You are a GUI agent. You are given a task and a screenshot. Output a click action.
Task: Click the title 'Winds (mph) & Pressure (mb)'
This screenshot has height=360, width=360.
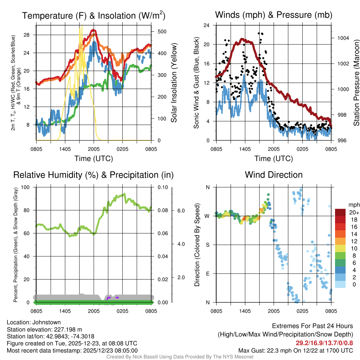(274, 15)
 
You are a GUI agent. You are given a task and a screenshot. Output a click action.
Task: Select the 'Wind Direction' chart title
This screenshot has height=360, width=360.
(274, 175)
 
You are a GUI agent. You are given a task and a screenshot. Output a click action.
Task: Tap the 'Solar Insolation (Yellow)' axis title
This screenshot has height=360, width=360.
(174, 83)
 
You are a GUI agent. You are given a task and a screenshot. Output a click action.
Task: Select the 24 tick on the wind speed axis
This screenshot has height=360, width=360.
(207, 25)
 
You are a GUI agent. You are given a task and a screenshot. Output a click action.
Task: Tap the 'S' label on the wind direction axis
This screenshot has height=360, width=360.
(207, 245)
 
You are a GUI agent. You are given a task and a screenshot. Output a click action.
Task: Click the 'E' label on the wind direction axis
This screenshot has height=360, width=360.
(207, 274)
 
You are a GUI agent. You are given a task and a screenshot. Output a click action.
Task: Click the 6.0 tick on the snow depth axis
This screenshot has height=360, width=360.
(181, 211)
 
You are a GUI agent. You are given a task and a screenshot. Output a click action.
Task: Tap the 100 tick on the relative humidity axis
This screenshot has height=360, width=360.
(25, 187)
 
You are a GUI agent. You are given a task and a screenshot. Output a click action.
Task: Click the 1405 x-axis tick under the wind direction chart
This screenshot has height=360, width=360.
(245, 311)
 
